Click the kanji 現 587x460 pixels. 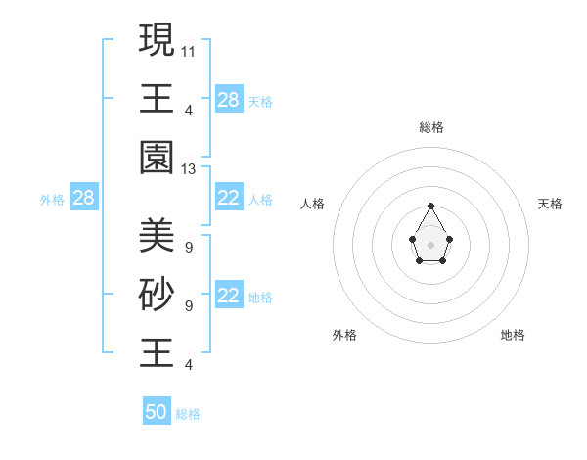click(157, 40)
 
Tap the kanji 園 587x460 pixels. click(157, 158)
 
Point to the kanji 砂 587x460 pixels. click(157, 294)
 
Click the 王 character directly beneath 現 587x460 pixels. click(157, 99)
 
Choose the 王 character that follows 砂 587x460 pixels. click(157, 352)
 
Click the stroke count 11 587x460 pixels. click(189, 50)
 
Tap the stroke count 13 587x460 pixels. click(189, 169)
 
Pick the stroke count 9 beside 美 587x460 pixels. click(188, 247)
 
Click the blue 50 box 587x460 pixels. click(157, 412)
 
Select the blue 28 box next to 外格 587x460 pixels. click(83, 199)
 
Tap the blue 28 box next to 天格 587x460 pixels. click(229, 100)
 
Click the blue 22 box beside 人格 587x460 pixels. click(229, 199)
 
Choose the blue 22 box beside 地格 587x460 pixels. click(229, 297)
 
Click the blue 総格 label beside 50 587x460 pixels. click(188, 414)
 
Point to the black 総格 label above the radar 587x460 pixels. click(431, 127)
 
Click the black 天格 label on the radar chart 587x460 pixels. click(551, 204)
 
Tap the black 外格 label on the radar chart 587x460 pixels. click(344, 335)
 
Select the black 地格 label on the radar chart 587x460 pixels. click(513, 335)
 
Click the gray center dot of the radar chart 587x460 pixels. click(430, 244)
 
